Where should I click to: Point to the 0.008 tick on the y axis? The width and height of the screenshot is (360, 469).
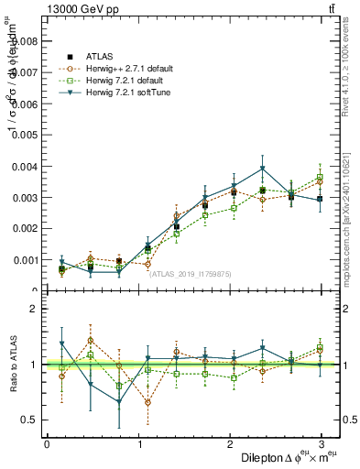(x=26, y=41)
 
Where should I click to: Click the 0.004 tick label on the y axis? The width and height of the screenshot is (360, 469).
(x=26, y=167)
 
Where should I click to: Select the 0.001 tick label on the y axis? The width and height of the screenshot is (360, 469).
(x=26, y=260)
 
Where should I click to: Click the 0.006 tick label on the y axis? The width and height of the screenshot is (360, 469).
(x=26, y=104)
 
